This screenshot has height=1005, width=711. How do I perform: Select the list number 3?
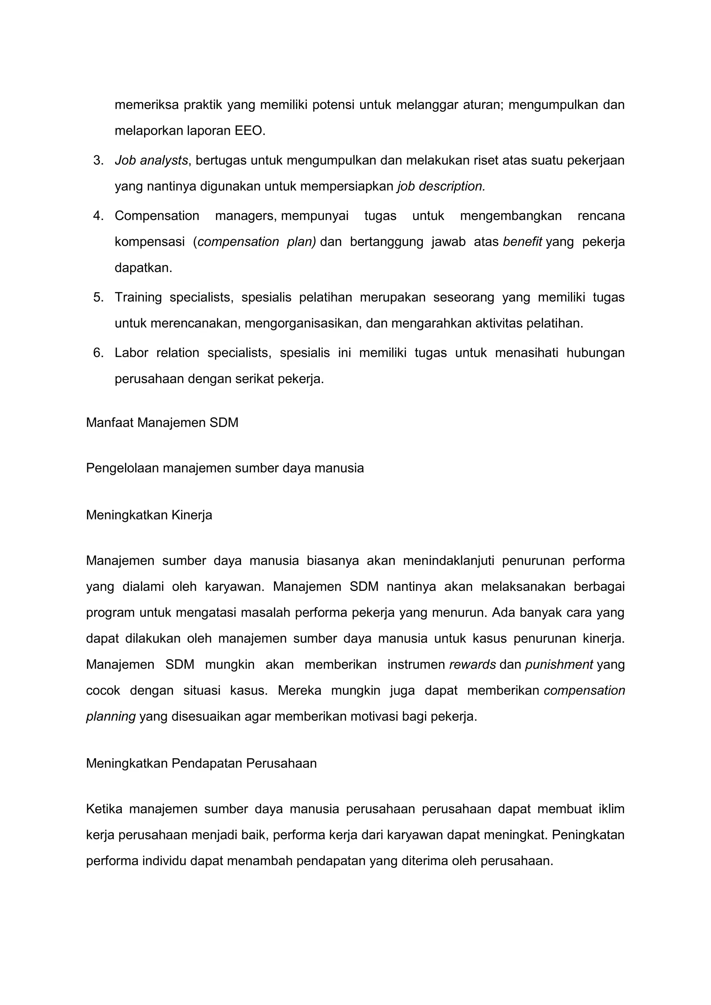98,161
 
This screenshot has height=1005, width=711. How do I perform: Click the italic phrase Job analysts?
151,161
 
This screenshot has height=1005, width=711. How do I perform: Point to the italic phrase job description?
441,186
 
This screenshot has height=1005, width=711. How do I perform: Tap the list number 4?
98,216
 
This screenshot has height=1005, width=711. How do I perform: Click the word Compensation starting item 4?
157,216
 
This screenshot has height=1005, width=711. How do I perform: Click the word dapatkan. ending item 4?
143,268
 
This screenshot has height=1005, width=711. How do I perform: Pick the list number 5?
98,298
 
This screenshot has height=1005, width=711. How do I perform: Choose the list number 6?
98,353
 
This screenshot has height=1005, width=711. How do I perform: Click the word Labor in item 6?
131,353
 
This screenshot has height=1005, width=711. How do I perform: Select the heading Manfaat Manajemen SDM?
162,422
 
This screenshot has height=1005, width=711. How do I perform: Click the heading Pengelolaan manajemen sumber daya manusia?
225,468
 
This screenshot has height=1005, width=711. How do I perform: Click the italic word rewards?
472,665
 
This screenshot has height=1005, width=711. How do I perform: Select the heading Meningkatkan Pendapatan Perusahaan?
201,763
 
